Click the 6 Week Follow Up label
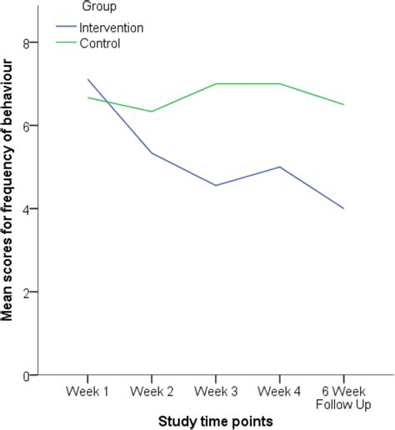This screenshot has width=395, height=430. point(343,399)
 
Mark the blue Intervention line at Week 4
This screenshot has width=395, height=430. point(279,167)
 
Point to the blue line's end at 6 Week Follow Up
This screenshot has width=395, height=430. point(343,208)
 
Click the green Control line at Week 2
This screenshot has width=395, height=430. point(151,112)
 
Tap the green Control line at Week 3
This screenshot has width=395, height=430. point(216,83)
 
